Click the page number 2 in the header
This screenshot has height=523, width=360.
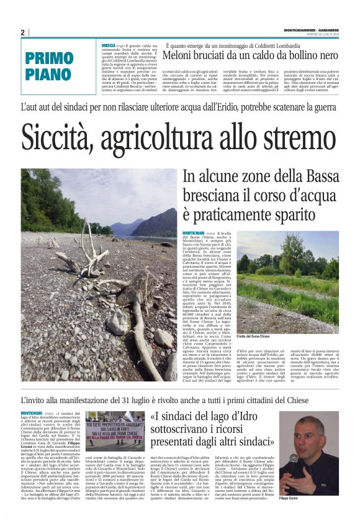coord(22,32)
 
